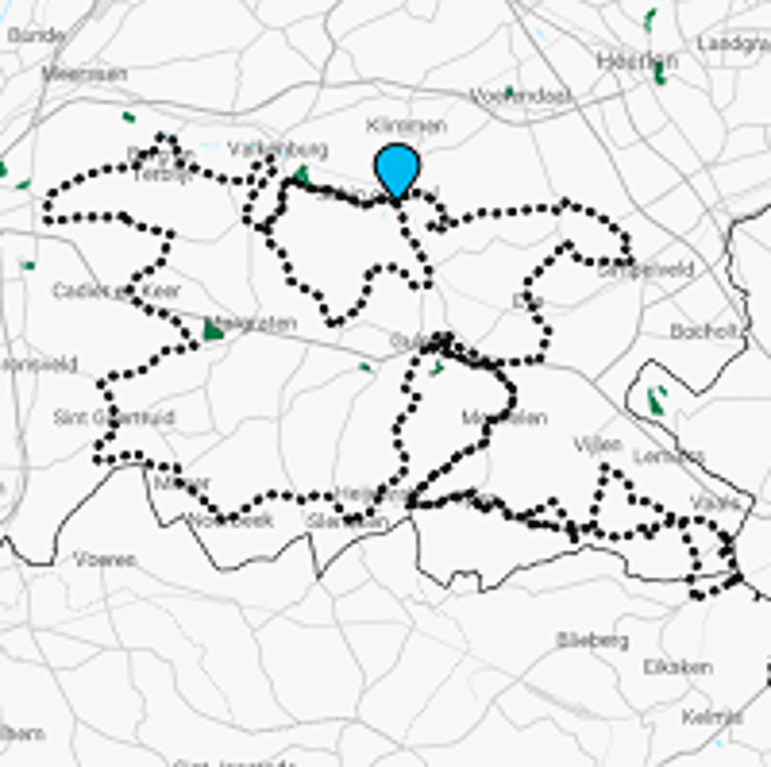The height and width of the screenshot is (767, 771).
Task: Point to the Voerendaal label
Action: (519, 95)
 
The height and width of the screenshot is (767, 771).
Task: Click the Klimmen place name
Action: (406, 125)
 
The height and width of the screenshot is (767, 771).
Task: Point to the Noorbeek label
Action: (230, 520)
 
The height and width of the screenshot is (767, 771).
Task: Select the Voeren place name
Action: (104, 559)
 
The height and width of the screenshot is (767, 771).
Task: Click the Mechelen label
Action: (504, 418)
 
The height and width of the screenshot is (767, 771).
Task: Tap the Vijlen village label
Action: (598, 444)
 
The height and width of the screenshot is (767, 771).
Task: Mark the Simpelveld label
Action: (644, 271)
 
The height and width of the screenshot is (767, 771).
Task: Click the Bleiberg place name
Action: (592, 640)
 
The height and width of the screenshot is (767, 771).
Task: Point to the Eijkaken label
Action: (678, 667)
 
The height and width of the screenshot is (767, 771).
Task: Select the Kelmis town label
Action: (711, 717)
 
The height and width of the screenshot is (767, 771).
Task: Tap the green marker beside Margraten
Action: (213, 331)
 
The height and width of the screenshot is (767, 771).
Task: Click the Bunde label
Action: (36, 36)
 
